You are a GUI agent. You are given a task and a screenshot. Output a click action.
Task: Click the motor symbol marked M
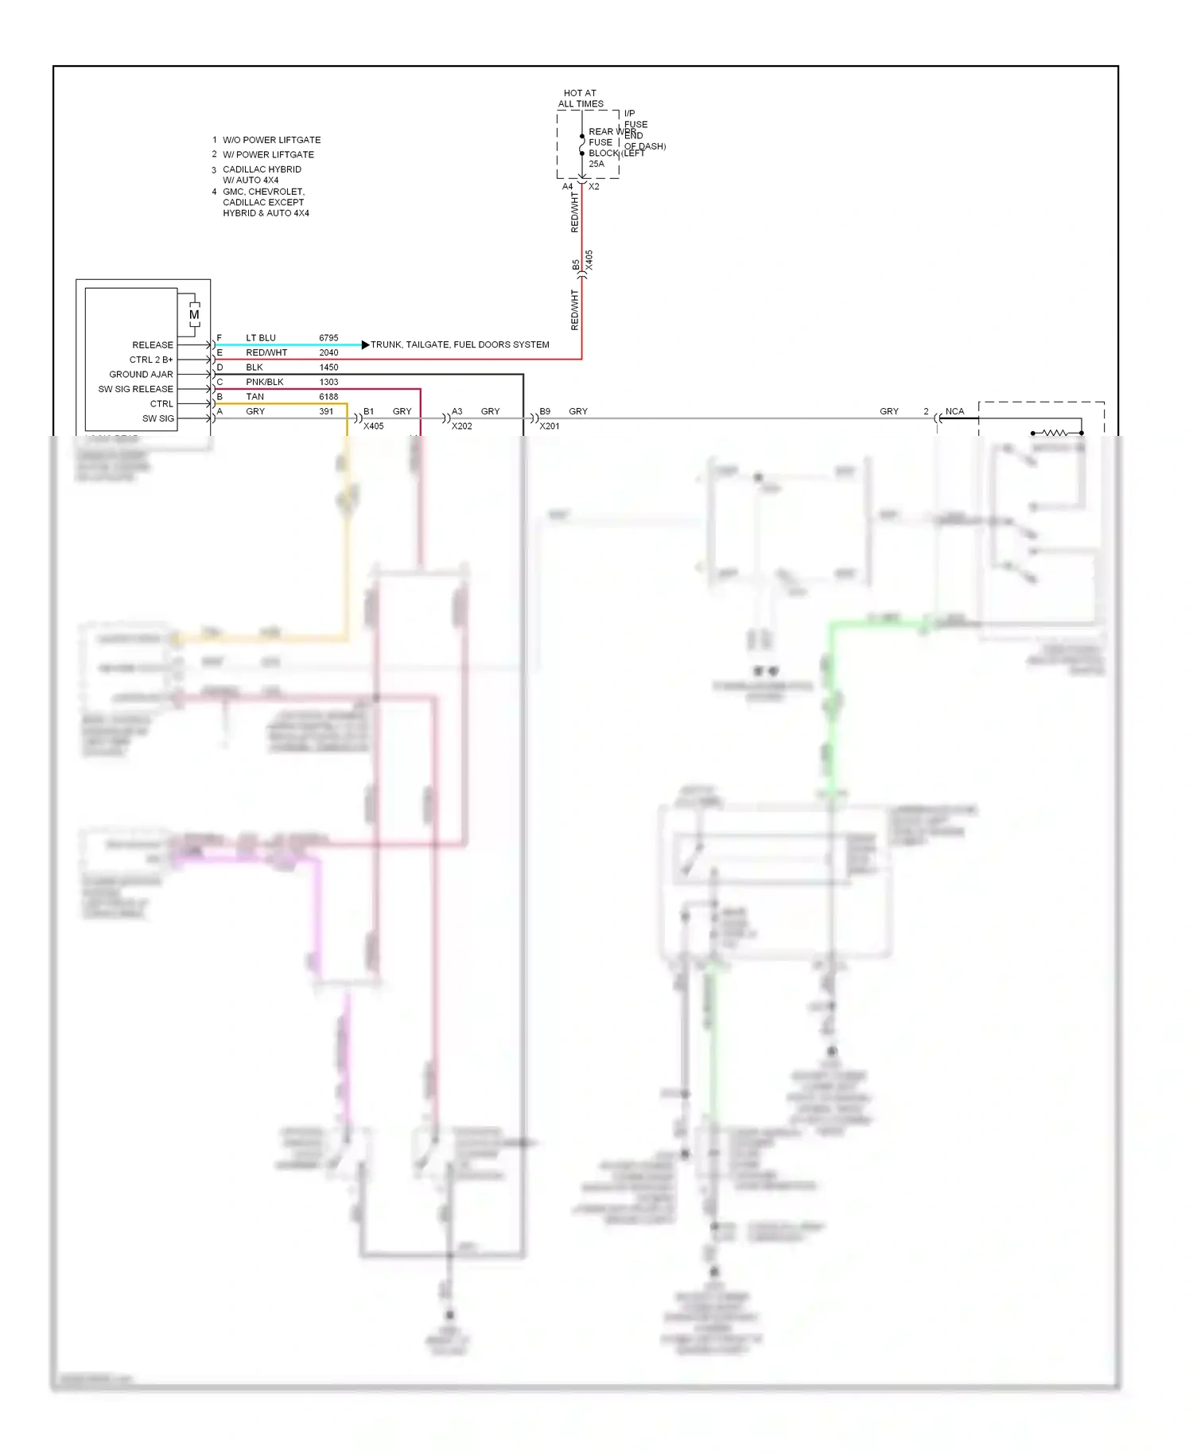click(194, 315)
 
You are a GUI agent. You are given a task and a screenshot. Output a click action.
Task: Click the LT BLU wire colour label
click(261, 338)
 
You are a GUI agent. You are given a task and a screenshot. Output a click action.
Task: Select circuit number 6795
click(328, 338)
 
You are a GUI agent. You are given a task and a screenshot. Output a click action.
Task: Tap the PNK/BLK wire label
click(264, 382)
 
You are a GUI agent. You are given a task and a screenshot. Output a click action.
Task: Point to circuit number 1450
click(328, 367)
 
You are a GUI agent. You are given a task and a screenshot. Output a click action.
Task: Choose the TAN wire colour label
click(255, 397)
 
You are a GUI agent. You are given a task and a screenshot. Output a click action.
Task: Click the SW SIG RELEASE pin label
click(135, 389)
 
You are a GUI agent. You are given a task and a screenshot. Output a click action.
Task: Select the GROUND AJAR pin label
click(141, 375)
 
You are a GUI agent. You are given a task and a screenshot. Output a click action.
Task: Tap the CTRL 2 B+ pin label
click(151, 360)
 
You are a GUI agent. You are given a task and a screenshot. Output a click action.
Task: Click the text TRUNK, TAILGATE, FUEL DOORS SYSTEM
click(460, 344)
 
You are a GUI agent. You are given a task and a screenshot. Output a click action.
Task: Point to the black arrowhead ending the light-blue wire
click(365, 344)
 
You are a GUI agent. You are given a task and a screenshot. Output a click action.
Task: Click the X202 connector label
click(461, 426)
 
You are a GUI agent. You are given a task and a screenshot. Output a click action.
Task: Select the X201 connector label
click(550, 426)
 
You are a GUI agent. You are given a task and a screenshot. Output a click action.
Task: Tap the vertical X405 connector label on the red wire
click(589, 260)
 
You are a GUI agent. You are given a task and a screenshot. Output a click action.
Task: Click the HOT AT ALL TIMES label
click(581, 99)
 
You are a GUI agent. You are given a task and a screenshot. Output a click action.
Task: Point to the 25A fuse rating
click(596, 164)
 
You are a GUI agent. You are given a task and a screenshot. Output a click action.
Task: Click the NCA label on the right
click(954, 411)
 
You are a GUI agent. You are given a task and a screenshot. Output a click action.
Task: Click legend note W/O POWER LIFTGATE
click(271, 140)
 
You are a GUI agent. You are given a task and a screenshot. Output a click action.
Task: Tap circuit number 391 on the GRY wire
click(326, 411)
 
